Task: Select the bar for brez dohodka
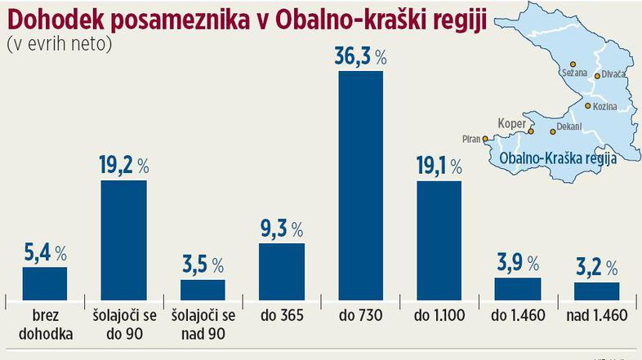(44, 283)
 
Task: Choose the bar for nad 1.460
(597, 291)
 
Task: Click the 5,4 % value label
(44, 251)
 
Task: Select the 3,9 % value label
(518, 263)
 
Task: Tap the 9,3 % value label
(281, 229)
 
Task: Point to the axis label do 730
(360, 313)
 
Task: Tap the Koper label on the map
(511, 124)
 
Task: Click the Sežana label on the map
(574, 73)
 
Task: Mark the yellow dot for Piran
(485, 138)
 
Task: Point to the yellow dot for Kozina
(587, 106)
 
